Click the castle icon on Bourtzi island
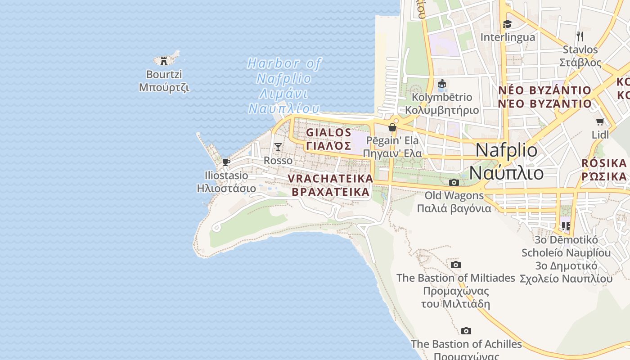tap(164, 61)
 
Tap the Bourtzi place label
tap(164, 81)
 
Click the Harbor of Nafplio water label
tap(284, 86)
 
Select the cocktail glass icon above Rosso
tap(278, 147)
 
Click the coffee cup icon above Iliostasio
tap(226, 162)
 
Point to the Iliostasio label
tap(226, 182)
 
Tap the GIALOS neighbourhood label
tap(328, 139)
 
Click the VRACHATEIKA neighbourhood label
tap(330, 185)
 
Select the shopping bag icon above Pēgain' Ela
tap(392, 127)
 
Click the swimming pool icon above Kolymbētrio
tap(442, 84)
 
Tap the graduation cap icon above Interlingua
tap(508, 24)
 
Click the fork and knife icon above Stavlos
tap(580, 36)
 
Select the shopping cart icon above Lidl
tap(600, 121)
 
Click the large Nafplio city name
tap(506, 161)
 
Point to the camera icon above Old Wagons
tap(454, 182)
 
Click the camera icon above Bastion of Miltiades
tap(456, 265)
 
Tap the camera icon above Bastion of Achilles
tap(466, 331)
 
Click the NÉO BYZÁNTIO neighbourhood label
tap(544, 97)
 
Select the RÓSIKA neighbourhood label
tap(604, 169)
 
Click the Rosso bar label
tap(278, 161)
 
